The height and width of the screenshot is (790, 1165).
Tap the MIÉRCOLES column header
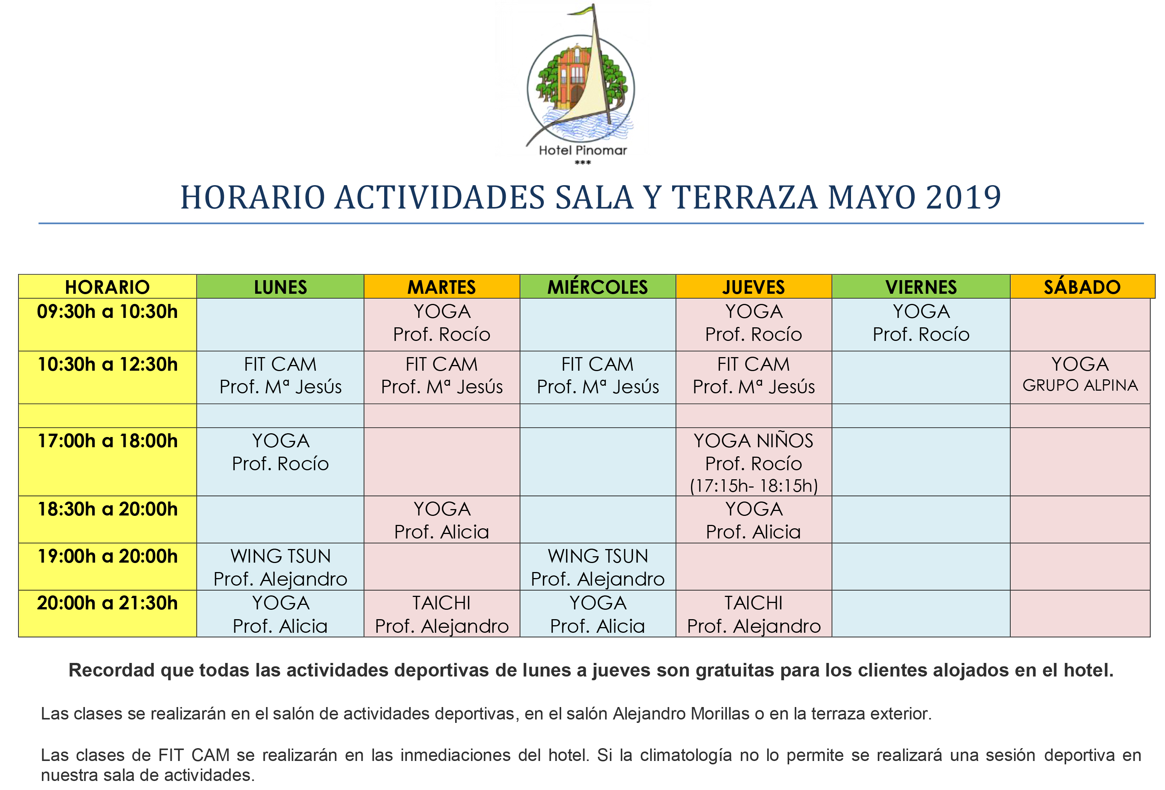(x=597, y=287)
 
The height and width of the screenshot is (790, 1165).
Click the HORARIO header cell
(x=107, y=287)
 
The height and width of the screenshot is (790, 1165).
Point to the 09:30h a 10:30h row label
(x=107, y=311)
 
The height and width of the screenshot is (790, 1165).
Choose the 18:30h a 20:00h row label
(x=107, y=509)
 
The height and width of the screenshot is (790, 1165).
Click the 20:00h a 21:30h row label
(x=107, y=603)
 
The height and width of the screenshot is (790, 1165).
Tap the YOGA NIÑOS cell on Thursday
(x=753, y=462)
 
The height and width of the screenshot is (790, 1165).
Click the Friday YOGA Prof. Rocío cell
(x=920, y=323)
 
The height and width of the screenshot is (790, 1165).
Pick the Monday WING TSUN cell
(x=280, y=567)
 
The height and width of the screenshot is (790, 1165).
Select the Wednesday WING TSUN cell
(x=597, y=567)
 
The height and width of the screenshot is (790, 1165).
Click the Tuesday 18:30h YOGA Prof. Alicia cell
(x=441, y=520)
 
